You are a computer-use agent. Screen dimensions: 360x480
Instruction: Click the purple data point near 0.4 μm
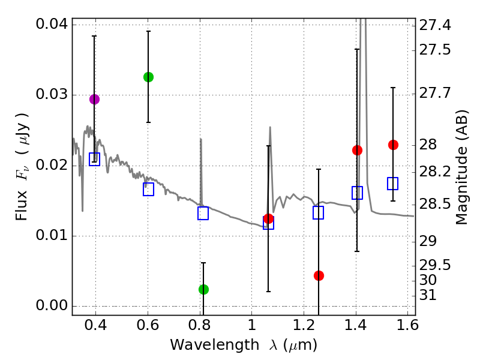click(x=94, y=99)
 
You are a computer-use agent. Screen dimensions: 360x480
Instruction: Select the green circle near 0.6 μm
click(x=148, y=77)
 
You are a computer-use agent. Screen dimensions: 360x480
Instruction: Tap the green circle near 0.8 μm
click(x=203, y=289)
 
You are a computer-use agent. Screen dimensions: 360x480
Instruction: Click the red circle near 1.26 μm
click(x=319, y=275)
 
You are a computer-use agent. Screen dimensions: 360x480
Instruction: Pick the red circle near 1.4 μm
click(x=357, y=150)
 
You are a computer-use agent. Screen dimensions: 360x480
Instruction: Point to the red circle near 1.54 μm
click(x=393, y=145)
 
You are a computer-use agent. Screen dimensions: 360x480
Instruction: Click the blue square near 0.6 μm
click(x=148, y=189)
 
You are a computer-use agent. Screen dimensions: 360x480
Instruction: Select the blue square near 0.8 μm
click(x=203, y=213)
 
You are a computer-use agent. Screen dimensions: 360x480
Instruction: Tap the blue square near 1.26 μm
click(x=319, y=212)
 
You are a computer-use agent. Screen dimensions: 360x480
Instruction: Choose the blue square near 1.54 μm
click(x=393, y=184)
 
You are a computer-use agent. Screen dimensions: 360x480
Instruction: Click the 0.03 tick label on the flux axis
click(x=51, y=95)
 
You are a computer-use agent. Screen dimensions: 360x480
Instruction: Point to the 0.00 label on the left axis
click(x=51, y=305)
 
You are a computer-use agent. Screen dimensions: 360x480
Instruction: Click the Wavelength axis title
click(x=244, y=345)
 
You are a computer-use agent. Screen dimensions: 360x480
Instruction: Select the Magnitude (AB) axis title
click(x=461, y=167)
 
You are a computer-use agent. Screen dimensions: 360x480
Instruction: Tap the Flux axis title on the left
click(x=22, y=158)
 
